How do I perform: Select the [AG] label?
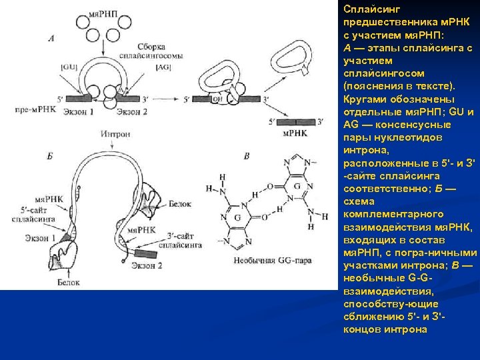(162, 67)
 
